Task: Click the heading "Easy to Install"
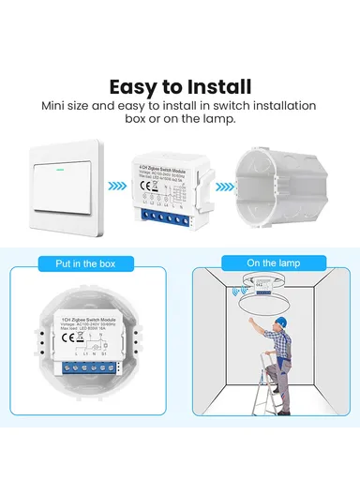click(x=180, y=86)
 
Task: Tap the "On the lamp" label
click(x=273, y=264)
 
